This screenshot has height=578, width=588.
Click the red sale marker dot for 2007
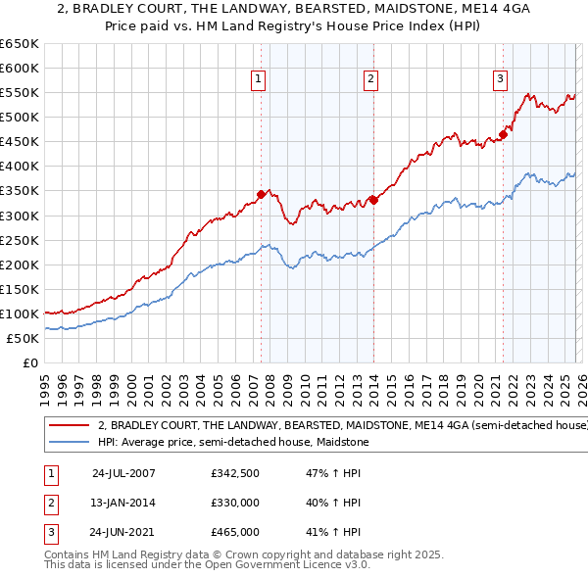click(261, 194)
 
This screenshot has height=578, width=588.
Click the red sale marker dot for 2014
click(373, 200)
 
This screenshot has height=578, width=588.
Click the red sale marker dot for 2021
click(503, 134)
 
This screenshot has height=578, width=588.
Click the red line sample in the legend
click(70, 426)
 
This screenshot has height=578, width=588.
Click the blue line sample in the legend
click(70, 443)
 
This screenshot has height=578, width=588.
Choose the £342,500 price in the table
click(235, 472)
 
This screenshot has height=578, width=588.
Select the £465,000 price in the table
click(235, 532)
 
